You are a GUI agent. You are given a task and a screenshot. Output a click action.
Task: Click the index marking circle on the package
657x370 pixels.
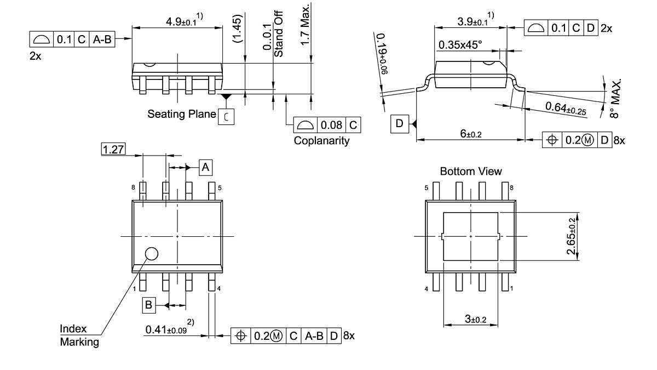coord(151,253)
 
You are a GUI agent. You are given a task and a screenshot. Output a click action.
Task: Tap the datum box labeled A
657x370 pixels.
coord(205,167)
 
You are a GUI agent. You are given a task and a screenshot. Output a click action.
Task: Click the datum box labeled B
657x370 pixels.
coord(149,305)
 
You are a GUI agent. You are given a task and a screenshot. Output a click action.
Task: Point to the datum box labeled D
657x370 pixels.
coord(399,124)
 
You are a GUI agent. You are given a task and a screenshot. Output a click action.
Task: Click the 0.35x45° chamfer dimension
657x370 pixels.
coord(459,45)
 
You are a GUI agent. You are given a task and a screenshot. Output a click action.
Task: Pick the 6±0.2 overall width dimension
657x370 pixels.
coord(470,134)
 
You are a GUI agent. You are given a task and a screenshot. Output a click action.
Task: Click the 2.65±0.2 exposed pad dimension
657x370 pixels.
coord(572,236)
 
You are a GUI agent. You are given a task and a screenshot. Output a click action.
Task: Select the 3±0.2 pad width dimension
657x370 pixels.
coord(471,319)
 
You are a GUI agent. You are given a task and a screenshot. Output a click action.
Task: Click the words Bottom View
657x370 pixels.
coord(470,172)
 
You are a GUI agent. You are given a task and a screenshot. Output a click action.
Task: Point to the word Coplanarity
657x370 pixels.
coord(321,140)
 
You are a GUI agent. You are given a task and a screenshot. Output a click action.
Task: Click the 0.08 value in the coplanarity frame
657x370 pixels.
coord(332,125)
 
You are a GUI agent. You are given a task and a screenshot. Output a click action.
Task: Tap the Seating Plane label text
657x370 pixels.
coord(181,114)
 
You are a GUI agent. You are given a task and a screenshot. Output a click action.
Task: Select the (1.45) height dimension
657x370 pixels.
coord(237,29)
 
